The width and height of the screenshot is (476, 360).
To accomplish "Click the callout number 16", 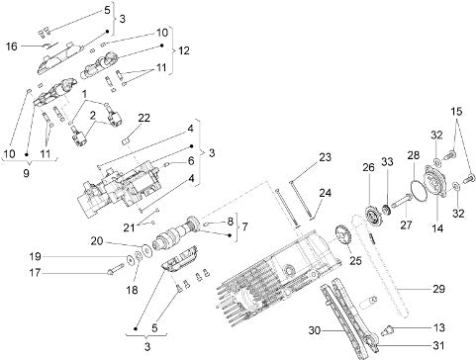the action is (12, 46).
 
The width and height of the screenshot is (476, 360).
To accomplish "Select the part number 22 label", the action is (143, 118).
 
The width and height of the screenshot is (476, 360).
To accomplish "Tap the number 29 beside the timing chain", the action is (438, 289).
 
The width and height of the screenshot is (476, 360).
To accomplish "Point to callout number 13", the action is (438, 327).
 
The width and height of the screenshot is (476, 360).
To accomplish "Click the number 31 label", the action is (438, 345).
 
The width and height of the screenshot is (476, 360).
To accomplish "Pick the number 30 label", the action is (315, 330).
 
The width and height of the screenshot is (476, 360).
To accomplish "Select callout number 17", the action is (35, 273).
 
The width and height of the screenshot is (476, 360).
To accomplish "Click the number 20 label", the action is (97, 241).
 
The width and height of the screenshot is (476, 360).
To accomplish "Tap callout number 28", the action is (413, 155).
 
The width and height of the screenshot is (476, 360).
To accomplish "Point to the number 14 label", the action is (437, 228).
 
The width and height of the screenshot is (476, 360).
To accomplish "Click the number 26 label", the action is (368, 167).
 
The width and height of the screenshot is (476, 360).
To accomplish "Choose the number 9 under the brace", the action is (26, 173).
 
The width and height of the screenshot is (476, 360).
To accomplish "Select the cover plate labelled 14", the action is (435, 181).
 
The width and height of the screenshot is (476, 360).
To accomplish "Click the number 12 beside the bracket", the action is (184, 50).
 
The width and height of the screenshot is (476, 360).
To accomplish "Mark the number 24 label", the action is (325, 193).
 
